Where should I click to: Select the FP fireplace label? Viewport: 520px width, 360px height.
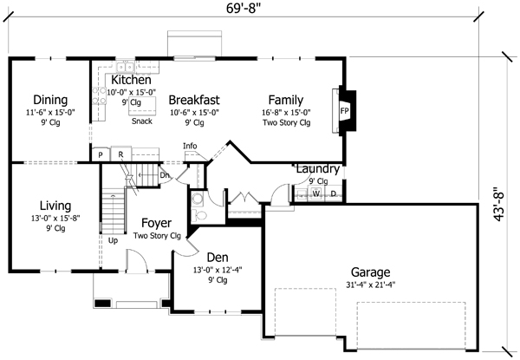click(343, 112)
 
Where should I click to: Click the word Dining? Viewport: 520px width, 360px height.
click(49, 99)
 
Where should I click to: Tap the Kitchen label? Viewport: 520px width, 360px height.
click(132, 80)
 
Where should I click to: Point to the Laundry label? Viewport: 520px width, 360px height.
click(318, 168)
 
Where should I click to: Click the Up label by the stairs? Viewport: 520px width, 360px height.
click(113, 240)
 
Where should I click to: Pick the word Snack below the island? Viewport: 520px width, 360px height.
click(142, 121)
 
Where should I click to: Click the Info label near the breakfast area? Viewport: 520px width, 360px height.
click(190, 146)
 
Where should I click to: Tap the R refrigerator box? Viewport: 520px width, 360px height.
click(121, 154)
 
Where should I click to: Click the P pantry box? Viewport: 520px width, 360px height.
click(101, 154)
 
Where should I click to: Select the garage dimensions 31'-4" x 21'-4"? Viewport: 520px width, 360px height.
click(370, 284)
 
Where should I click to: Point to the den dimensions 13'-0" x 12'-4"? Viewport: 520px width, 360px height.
click(217, 269)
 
